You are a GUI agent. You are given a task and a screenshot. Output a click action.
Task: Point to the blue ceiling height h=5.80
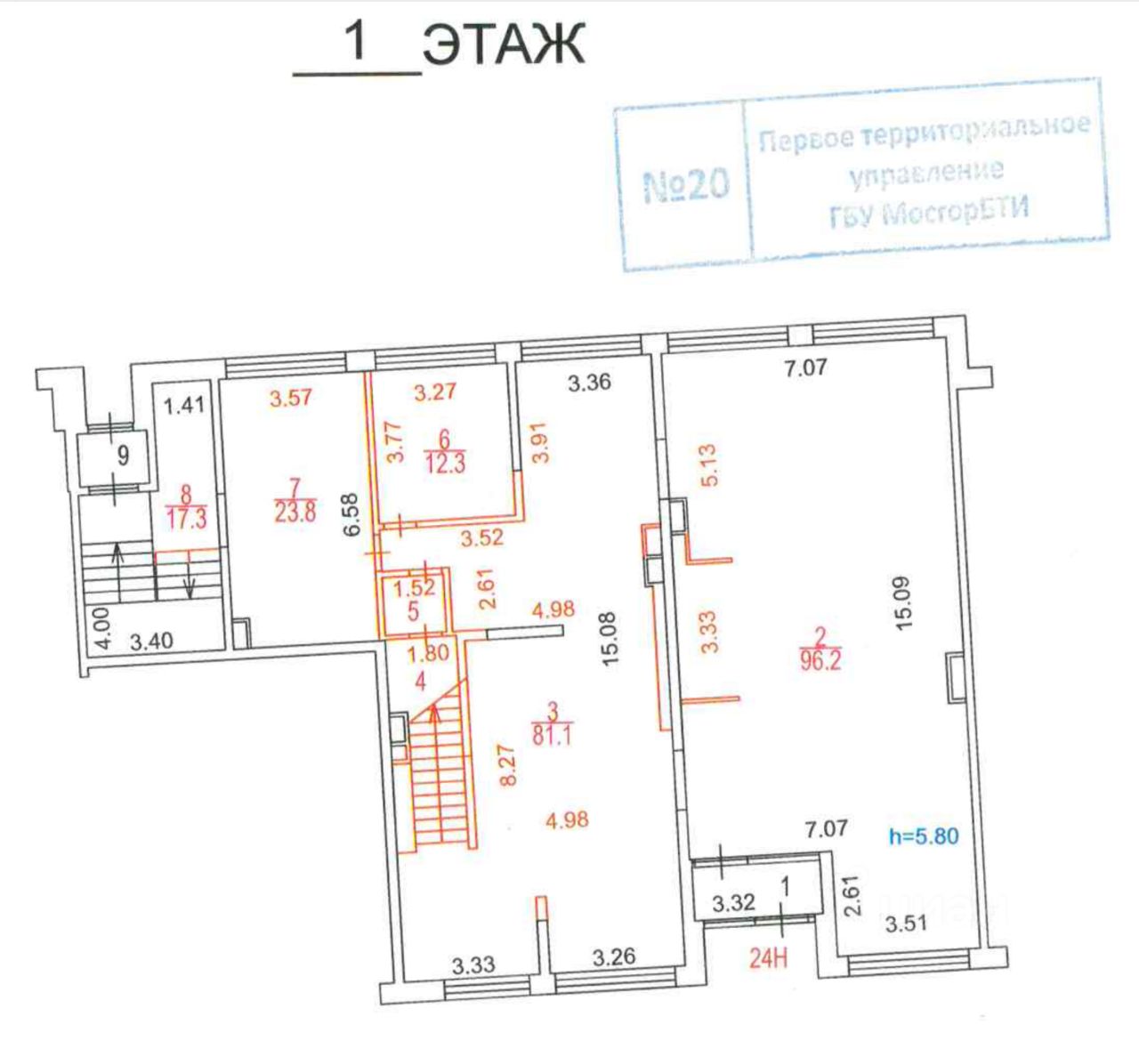[x=924, y=836]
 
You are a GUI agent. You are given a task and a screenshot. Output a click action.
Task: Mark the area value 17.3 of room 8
[x=186, y=519]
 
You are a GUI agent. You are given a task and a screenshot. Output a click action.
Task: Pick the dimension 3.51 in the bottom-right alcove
[x=906, y=924]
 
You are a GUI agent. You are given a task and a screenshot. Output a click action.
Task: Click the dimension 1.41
[x=185, y=406]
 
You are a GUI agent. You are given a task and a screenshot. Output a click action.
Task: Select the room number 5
[x=413, y=613]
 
